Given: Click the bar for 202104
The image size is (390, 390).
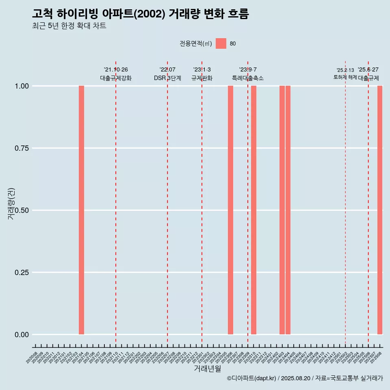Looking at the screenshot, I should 81,210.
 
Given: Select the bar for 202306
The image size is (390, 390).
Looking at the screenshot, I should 230,210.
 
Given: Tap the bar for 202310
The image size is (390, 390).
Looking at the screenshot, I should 253,210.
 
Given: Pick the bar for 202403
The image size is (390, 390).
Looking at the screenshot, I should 282,210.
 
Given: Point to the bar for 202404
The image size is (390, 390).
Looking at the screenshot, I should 288,210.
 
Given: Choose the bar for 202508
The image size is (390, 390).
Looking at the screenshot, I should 380,210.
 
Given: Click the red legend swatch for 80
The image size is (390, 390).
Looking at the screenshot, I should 221,43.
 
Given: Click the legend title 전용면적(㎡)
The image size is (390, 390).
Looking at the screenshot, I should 196,44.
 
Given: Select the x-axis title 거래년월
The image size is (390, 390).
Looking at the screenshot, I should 208,368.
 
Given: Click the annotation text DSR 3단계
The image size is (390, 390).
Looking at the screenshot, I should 167,78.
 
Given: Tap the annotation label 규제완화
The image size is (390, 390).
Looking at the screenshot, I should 202,78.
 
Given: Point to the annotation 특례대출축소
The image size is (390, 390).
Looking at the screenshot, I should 248,78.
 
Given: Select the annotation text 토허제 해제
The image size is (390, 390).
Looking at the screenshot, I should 345,77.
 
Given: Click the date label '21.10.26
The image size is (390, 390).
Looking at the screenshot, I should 116,70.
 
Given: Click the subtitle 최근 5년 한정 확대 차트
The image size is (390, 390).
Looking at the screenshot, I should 69,26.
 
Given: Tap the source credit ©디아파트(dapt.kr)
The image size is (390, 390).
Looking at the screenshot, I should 251,378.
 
